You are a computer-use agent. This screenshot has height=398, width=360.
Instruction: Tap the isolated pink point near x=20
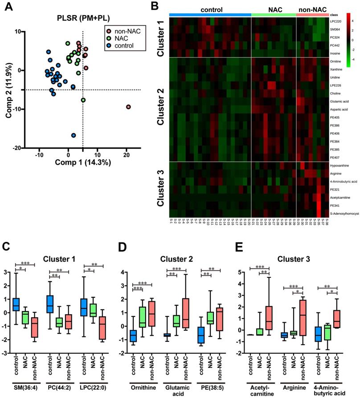128,107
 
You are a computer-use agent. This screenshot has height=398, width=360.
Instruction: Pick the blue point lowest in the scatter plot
74,135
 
